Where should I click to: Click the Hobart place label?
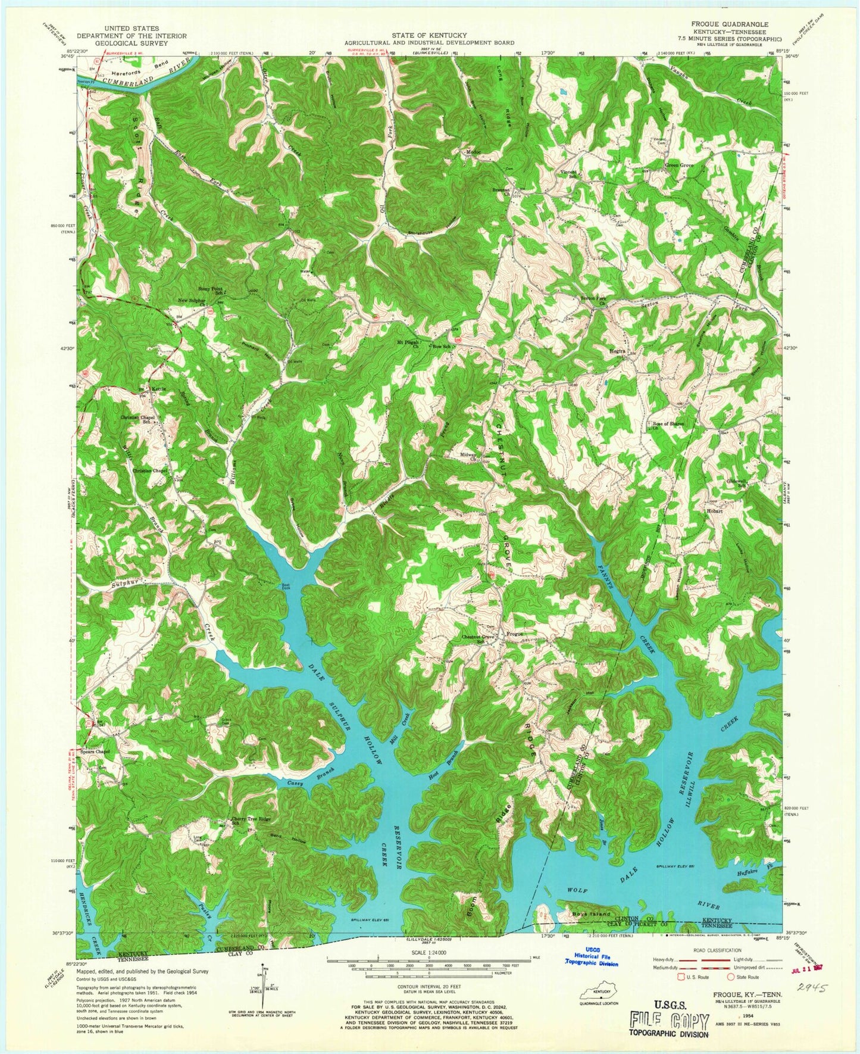tap(714, 511)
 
